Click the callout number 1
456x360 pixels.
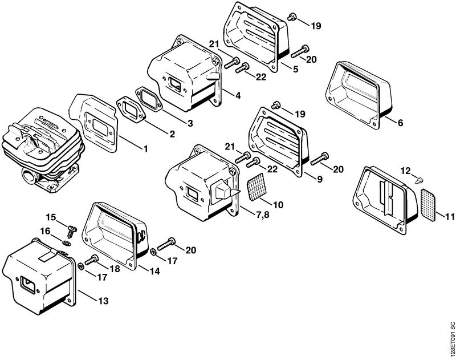pos(146,149)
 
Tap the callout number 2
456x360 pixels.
pos(172,134)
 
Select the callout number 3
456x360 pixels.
pos(190,123)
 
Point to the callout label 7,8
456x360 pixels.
pos(263,215)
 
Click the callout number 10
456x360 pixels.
pos(278,205)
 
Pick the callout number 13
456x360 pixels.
pos(103,300)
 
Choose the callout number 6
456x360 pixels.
pos(401,123)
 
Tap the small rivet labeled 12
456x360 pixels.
pos(420,181)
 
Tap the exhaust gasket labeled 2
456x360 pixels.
pos(131,109)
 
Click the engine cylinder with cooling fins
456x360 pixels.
pos(42,151)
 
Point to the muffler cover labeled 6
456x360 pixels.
pos(359,95)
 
